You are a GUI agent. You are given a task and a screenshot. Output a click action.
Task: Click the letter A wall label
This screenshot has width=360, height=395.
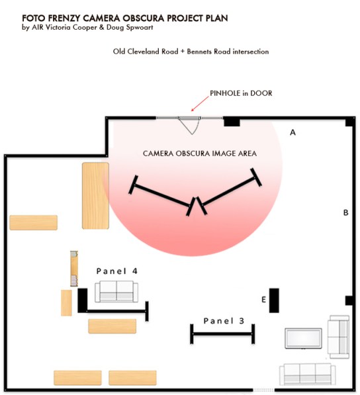292,132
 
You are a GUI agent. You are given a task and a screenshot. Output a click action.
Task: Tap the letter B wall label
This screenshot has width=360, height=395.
345,213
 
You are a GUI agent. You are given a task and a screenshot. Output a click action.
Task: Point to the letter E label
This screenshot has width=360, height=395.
263,300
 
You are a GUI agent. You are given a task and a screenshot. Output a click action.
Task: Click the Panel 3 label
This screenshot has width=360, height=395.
224,321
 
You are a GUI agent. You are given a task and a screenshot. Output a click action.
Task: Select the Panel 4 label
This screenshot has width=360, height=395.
117,271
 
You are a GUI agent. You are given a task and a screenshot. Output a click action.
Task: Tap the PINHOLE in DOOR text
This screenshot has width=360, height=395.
241,93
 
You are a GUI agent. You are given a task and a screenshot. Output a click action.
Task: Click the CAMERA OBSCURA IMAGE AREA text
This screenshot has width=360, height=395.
200,154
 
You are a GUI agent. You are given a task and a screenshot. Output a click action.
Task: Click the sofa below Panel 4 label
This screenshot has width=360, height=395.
117,291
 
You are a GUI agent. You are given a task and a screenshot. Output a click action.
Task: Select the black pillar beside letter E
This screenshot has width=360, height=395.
274,300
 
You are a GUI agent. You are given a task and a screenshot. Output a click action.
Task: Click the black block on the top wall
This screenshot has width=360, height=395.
231,120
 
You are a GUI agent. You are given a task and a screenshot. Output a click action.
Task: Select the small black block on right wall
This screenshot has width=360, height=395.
349,301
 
